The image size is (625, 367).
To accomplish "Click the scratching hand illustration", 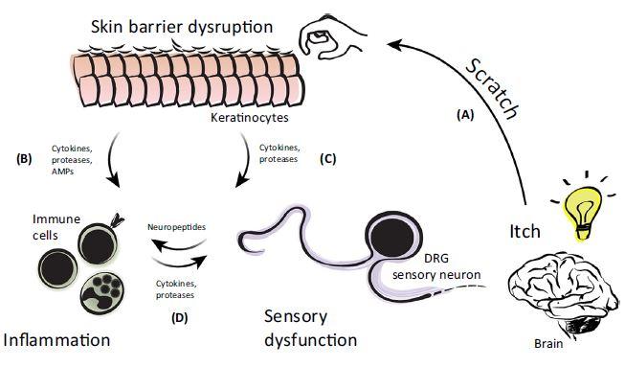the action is [x=333, y=36].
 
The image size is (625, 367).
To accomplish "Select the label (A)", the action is [x=465, y=115].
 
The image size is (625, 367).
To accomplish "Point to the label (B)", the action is [x=24, y=159].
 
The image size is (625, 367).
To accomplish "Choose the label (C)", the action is [x=328, y=159].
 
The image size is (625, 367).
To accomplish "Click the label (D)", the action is [x=179, y=318].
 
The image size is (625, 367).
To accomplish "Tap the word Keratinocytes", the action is [x=250, y=118].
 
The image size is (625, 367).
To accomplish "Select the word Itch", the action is [x=525, y=231].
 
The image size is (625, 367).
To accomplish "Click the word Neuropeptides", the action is [x=176, y=227].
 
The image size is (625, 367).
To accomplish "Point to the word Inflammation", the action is [x=56, y=340].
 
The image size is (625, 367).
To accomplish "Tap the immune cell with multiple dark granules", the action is [x=102, y=290].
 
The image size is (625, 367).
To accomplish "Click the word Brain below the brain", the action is [x=548, y=343].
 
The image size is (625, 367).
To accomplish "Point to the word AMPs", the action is [x=62, y=172].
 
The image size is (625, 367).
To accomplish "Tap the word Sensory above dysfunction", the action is [x=296, y=317].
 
